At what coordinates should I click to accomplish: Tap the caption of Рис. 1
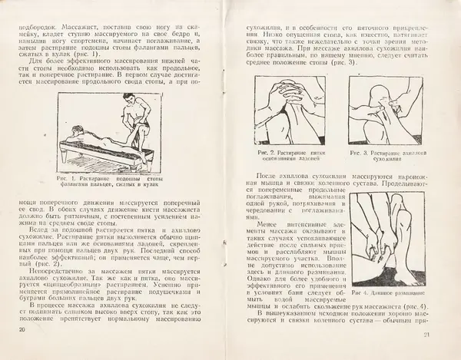tap(116, 181)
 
